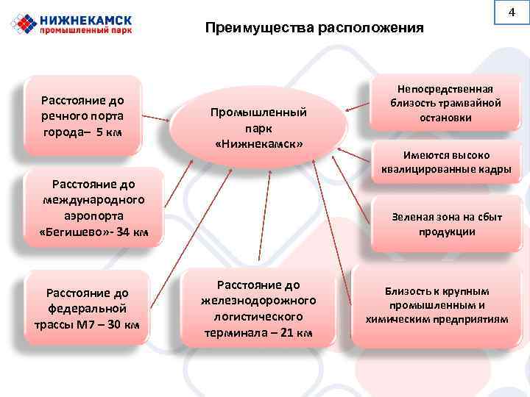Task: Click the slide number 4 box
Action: click(515, 14)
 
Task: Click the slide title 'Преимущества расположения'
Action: click(314, 29)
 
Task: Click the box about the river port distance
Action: click(82, 115)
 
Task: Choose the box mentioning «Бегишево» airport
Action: click(93, 208)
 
